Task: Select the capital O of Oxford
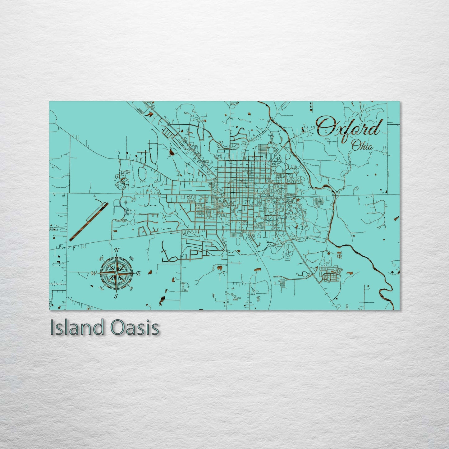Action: coord(325,127)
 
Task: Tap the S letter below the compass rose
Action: coord(116,296)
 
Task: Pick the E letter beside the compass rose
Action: coord(139,273)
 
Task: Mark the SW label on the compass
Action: coord(101,288)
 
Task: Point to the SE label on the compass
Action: coord(131,288)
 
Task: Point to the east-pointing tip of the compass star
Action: coord(134,273)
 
